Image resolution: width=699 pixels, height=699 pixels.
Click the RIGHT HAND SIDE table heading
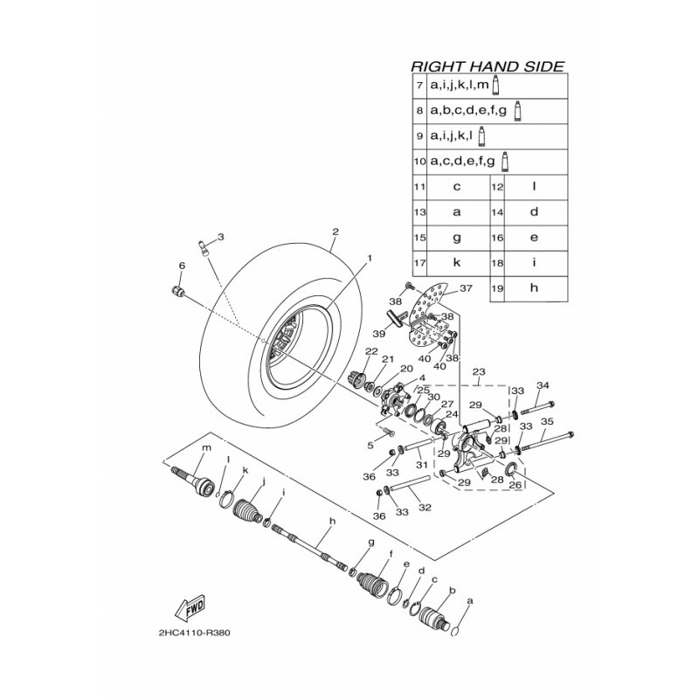tap(488, 66)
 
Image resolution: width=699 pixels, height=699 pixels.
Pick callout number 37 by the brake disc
tap(466, 288)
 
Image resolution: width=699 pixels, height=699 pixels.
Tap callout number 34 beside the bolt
tap(543, 386)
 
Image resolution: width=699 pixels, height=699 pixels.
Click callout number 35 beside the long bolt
tap(547, 421)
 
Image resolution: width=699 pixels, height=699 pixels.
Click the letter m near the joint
tap(207, 449)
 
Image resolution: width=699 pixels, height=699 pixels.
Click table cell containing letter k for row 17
tap(456, 262)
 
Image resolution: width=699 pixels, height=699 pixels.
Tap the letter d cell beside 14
tap(533, 211)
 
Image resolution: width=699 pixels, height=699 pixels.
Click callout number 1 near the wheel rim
tap(369, 259)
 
